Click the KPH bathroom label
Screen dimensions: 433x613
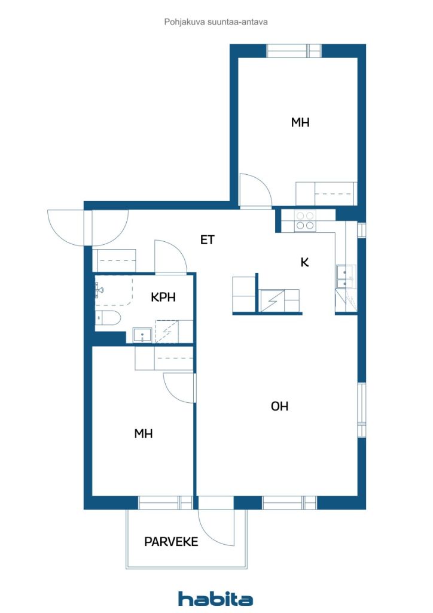click(x=163, y=297)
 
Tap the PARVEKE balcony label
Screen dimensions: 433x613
click(x=171, y=541)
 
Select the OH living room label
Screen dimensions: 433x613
click(x=279, y=406)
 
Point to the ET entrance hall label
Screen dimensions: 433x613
click(x=208, y=239)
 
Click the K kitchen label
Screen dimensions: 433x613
click(x=304, y=262)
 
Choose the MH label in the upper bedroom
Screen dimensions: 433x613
click(x=300, y=122)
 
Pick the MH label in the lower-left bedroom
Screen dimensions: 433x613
click(x=144, y=433)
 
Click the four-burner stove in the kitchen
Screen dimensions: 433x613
click(x=306, y=220)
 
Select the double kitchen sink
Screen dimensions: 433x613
click(x=346, y=277)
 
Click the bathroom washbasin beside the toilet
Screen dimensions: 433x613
click(x=142, y=335)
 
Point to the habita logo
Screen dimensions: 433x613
click(x=215, y=599)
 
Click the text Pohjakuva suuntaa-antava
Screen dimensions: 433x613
click(x=216, y=22)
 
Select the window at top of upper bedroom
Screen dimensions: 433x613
click(x=294, y=51)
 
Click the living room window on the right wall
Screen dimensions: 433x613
click(x=362, y=409)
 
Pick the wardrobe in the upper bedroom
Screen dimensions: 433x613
click(x=326, y=193)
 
